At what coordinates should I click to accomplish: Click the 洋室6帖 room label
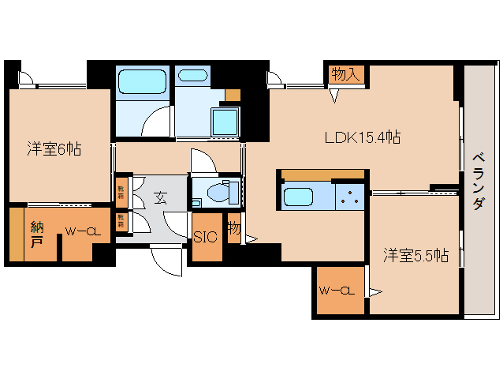(x=54, y=148)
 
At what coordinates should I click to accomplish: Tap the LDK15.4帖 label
(x=363, y=137)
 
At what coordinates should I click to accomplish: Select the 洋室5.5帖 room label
(x=415, y=255)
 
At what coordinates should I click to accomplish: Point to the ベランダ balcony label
(x=478, y=181)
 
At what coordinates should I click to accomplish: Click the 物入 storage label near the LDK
(x=346, y=74)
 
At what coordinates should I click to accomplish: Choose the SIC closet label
(x=206, y=237)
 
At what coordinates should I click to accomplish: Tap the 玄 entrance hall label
(x=159, y=198)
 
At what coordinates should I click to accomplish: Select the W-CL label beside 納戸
(x=81, y=231)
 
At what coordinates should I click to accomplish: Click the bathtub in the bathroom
(x=142, y=82)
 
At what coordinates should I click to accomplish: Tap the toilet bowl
(x=216, y=192)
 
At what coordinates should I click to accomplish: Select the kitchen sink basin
(x=299, y=197)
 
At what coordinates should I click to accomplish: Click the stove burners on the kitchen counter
(x=348, y=197)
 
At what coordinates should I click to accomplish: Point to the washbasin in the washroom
(x=192, y=77)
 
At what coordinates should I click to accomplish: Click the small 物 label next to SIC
(x=233, y=228)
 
